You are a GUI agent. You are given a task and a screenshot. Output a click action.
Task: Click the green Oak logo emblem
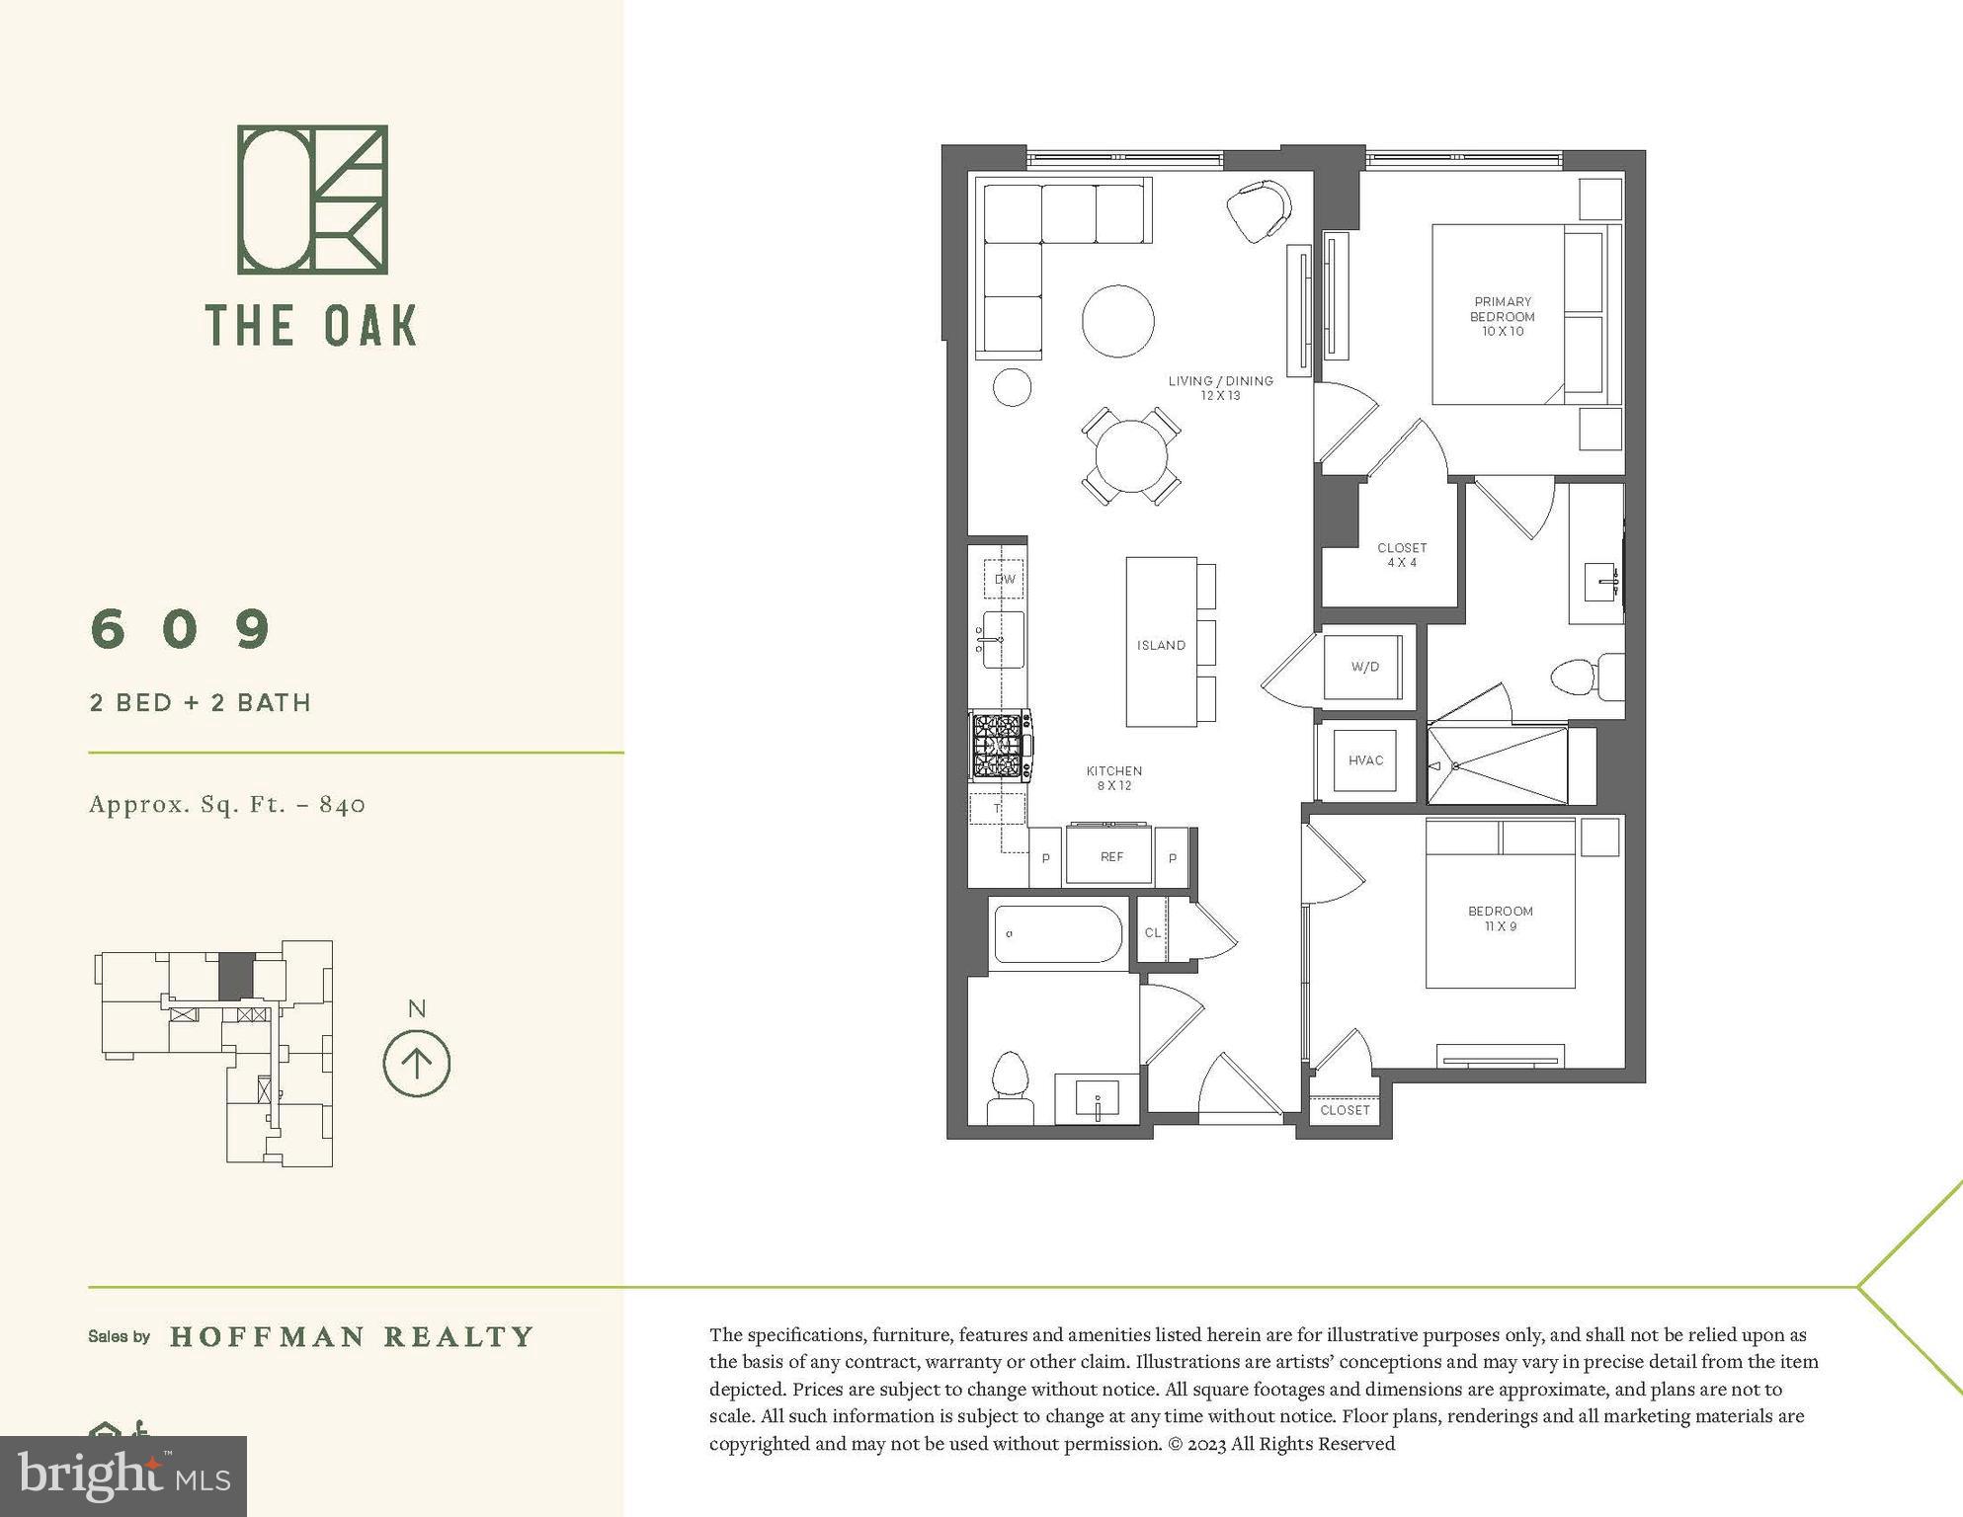[312, 200]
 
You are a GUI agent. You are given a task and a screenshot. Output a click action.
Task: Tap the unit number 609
[181, 628]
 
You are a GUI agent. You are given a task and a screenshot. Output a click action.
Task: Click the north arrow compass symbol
[416, 1064]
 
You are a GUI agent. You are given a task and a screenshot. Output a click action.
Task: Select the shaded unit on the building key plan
[236, 976]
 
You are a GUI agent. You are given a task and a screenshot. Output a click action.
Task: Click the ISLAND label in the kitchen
[1161, 645]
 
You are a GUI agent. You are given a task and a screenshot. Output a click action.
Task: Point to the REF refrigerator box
[1110, 856]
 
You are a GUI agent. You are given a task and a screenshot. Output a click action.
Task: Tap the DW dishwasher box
[1004, 579]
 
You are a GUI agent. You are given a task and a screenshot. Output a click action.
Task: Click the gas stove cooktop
[1000, 746]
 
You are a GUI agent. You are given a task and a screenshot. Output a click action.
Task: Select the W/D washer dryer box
[1364, 667]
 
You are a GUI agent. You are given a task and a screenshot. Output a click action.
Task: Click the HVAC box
[1365, 759]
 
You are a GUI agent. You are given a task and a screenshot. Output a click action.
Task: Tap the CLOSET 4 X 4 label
[1401, 554]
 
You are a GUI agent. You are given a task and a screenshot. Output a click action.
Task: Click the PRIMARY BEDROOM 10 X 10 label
[1502, 316]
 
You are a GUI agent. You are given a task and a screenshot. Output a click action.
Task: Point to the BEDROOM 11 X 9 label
[1500, 918]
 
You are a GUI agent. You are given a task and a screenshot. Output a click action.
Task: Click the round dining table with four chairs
[1130, 456]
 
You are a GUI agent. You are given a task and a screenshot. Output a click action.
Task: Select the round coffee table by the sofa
[1117, 321]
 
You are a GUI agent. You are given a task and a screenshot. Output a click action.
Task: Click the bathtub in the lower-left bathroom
[1057, 933]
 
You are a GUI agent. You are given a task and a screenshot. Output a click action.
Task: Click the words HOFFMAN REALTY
[352, 1336]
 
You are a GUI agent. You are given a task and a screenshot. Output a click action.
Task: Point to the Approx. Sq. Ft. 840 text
[227, 804]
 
